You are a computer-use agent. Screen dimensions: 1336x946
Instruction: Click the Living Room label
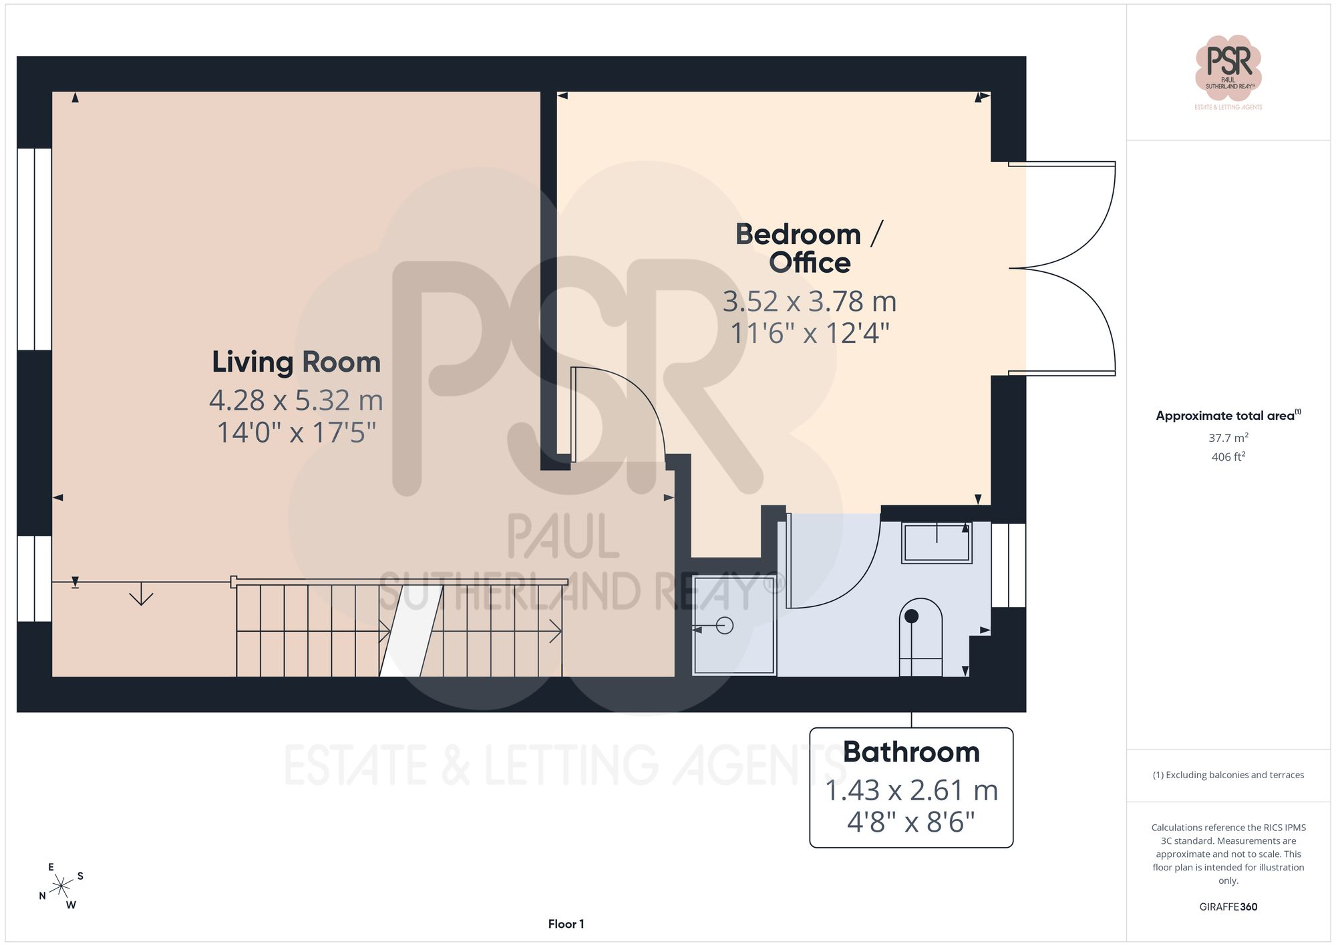tap(296, 362)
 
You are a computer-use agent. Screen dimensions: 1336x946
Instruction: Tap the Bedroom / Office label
tap(810, 248)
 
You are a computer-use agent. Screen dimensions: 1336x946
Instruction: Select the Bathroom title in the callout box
tap(911, 752)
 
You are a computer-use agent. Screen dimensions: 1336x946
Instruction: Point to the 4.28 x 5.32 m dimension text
tap(296, 400)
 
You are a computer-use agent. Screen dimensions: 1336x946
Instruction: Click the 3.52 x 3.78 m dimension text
tap(810, 302)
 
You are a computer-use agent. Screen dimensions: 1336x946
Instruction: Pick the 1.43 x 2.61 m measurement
tap(911, 790)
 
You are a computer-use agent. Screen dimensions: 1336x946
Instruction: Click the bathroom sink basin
tap(937, 542)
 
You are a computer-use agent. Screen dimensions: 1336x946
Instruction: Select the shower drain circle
tap(725, 626)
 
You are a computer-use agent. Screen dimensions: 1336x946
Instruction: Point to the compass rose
tap(61, 886)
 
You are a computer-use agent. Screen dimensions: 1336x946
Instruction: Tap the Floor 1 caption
tap(566, 924)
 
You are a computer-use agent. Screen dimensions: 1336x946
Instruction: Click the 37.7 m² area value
tap(1228, 438)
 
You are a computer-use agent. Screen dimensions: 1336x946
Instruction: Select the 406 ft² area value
tap(1228, 457)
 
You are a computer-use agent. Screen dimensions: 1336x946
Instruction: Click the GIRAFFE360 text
tap(1228, 907)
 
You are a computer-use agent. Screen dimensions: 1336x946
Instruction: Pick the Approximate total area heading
tap(1228, 415)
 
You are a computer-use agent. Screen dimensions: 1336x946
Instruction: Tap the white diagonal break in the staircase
tap(411, 630)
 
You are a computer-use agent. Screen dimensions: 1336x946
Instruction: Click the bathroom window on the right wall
tap(1008, 565)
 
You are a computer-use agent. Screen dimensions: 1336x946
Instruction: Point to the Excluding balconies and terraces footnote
tap(1228, 775)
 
